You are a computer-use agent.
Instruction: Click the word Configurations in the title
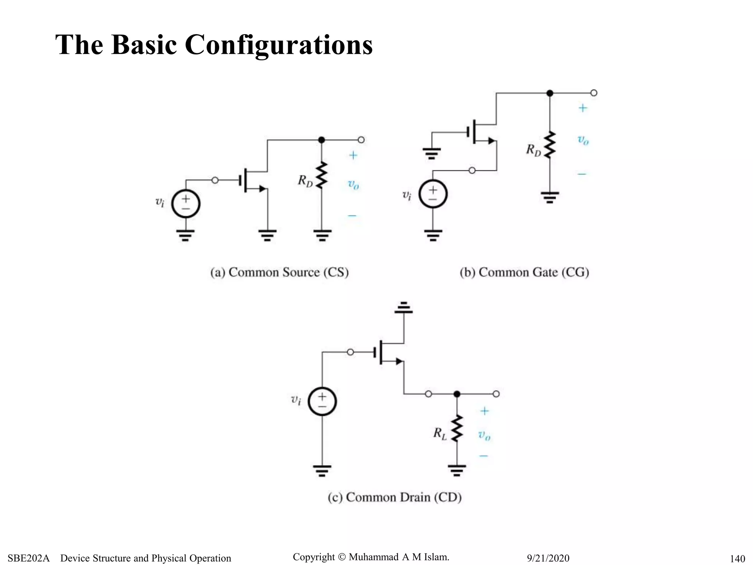coord(278,45)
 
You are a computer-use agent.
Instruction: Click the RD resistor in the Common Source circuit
coord(322,175)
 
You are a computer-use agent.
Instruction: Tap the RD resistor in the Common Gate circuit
coord(550,145)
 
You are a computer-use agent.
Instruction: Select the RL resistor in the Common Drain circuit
coord(457,429)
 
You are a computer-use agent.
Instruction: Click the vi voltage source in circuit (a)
coord(186,204)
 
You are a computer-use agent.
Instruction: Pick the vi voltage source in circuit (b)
coord(433,194)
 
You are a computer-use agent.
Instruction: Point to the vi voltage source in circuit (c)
coord(322,401)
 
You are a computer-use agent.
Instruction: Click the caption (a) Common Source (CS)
coord(279,272)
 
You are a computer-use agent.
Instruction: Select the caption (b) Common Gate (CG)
coord(524,272)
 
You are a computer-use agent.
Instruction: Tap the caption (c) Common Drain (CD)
coord(395,497)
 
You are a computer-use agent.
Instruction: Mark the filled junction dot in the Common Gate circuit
coord(550,93)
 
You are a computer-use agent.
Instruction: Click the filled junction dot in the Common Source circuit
coord(321,140)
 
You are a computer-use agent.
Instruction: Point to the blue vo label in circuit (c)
coord(484,436)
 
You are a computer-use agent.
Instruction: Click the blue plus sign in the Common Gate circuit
coord(583,108)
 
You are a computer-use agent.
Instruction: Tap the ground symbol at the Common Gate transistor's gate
coord(432,153)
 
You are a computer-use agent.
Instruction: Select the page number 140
coord(737,559)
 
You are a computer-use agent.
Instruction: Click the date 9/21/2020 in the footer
coord(548,558)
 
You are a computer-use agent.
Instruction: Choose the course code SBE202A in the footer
coord(28,558)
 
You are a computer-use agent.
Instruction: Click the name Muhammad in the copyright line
coord(374,557)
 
